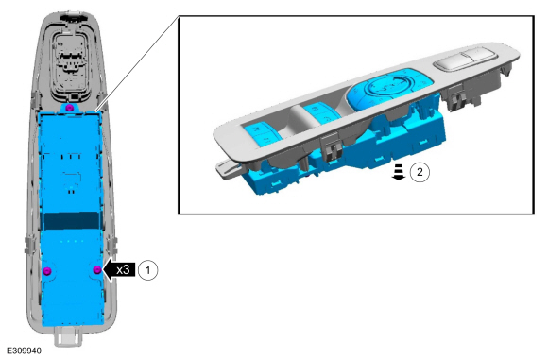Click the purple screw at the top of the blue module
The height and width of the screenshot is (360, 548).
[70, 107]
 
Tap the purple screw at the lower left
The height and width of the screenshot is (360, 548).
[47, 271]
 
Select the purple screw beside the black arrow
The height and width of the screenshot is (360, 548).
[97, 269]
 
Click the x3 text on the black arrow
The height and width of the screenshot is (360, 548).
[123, 270]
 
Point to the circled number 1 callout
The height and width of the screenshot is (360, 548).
[147, 270]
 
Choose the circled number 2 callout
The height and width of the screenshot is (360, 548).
[420, 172]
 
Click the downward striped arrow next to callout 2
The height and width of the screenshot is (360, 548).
[399, 172]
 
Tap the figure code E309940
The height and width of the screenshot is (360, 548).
[24, 351]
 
